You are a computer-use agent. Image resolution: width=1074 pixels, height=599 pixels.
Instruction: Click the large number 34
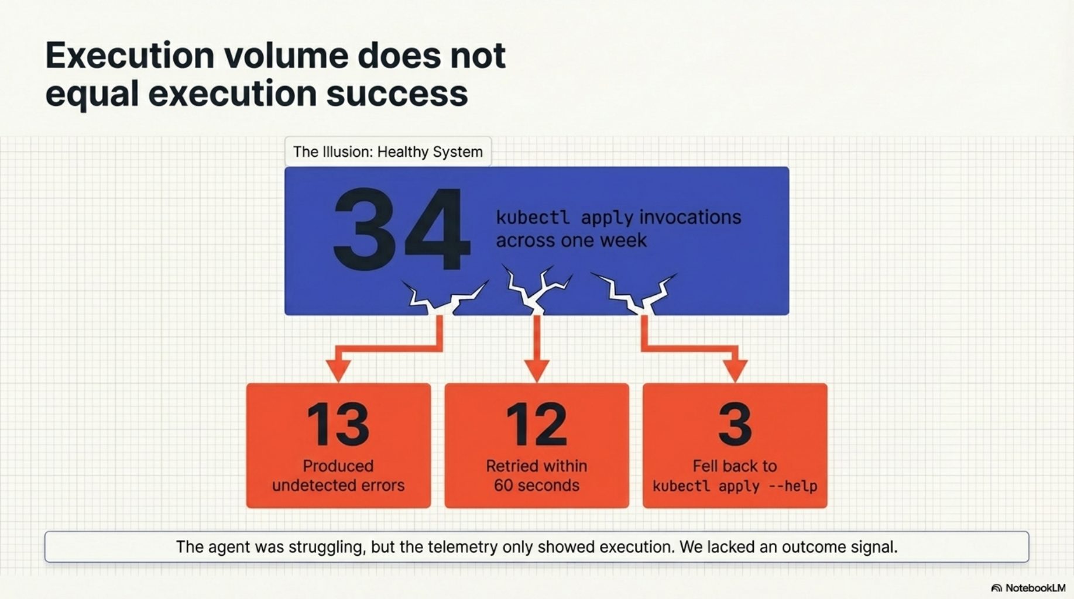(401, 229)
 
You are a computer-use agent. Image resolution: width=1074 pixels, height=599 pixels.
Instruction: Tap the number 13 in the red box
(338, 424)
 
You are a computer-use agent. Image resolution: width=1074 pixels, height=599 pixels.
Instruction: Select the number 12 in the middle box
(536, 424)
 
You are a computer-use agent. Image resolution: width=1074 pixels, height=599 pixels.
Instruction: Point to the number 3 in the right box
(735, 424)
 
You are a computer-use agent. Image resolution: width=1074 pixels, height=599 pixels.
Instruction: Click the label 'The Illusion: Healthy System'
(387, 152)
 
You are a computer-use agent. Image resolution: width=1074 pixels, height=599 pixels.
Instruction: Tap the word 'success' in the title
(396, 94)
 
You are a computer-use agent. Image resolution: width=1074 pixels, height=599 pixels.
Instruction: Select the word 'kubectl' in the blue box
(532, 218)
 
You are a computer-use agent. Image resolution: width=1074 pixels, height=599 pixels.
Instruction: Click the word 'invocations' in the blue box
(690, 218)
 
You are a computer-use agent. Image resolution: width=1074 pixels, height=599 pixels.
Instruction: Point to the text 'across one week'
(571, 240)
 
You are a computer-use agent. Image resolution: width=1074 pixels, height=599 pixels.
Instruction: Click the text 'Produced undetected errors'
(338, 476)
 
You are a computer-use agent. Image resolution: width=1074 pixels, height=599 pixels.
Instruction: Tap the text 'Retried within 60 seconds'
(536, 476)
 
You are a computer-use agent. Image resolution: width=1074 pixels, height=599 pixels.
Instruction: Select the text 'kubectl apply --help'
(735, 486)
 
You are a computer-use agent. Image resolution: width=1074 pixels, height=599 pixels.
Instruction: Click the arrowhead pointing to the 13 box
(338, 370)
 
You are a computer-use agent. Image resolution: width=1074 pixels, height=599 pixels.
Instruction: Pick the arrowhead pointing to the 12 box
(536, 370)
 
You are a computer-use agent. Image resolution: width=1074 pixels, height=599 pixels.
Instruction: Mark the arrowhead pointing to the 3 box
(735, 370)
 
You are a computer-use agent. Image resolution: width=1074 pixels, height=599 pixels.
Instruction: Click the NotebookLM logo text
(1035, 588)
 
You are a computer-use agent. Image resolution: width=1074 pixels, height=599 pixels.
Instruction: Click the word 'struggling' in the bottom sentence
(327, 547)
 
